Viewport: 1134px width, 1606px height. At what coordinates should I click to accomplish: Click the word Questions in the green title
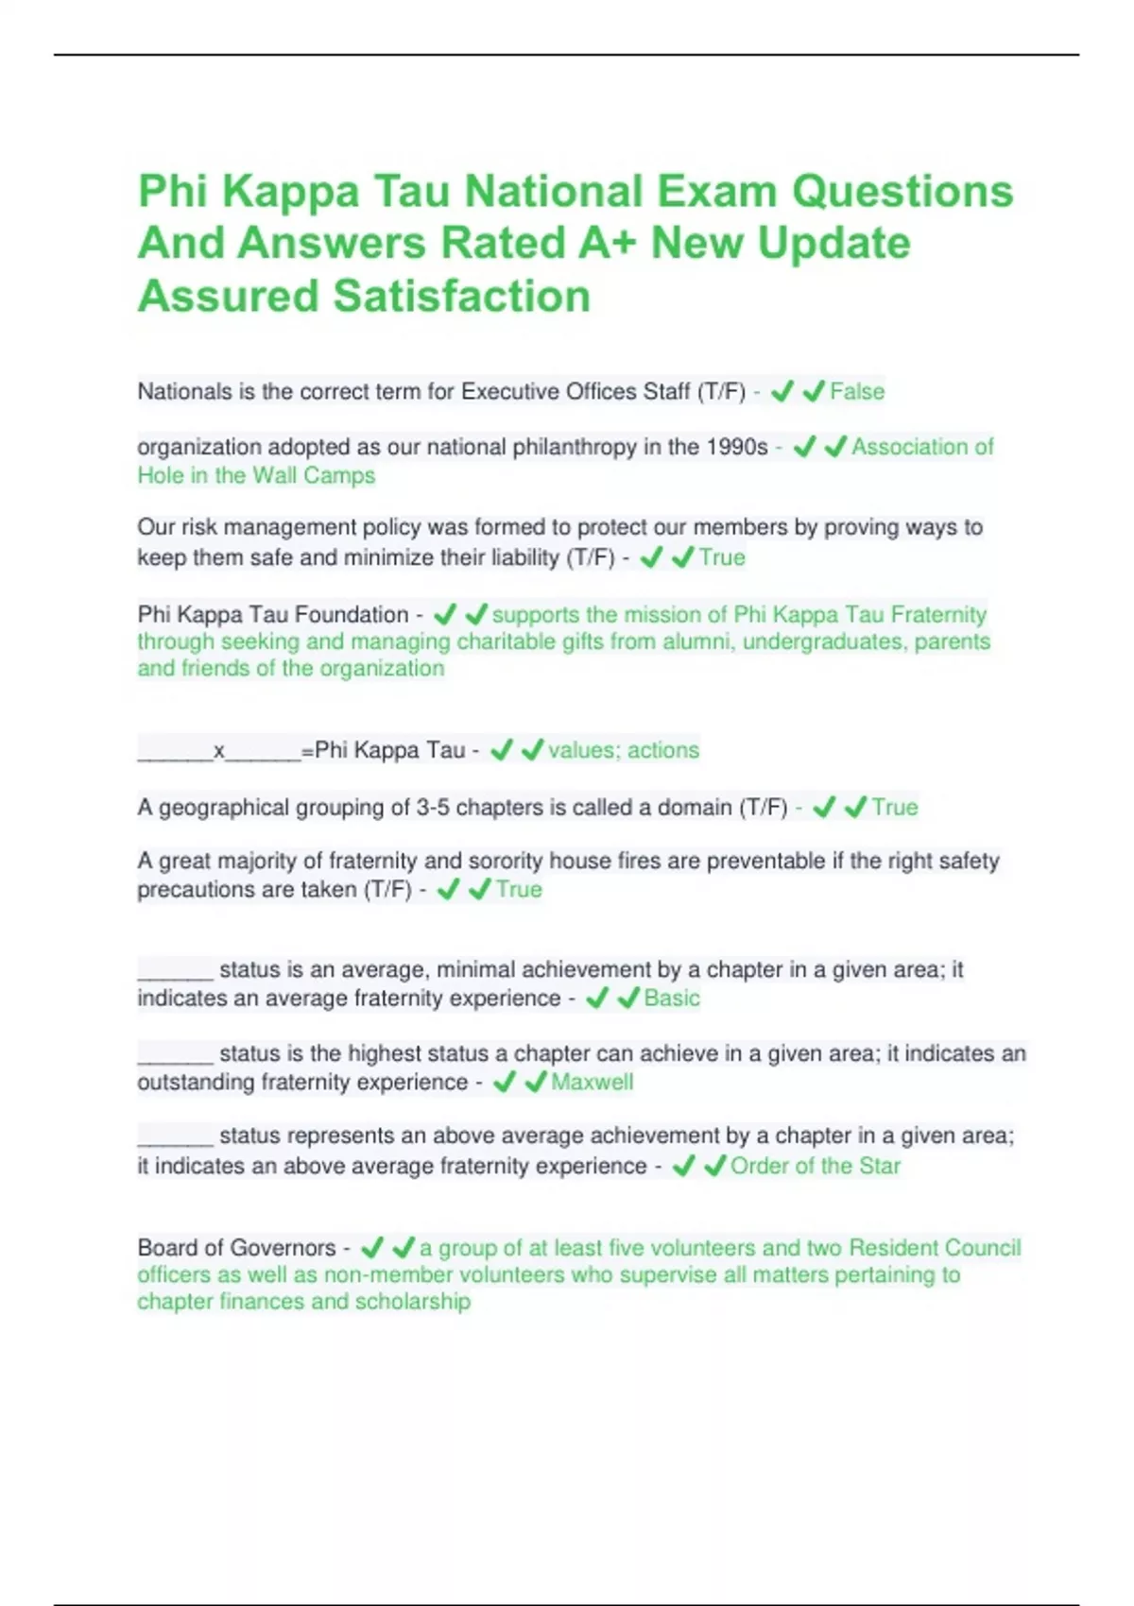coord(902,192)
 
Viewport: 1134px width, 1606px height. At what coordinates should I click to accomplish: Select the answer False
coord(857,392)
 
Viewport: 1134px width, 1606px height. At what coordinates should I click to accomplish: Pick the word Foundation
coord(352,615)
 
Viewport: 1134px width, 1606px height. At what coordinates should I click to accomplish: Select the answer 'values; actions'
coord(624,750)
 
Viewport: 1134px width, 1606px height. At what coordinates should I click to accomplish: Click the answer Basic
coord(672,999)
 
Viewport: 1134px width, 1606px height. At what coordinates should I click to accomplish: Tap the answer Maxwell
coord(592,1082)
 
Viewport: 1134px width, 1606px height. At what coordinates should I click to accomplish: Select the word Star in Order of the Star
coord(880,1166)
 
